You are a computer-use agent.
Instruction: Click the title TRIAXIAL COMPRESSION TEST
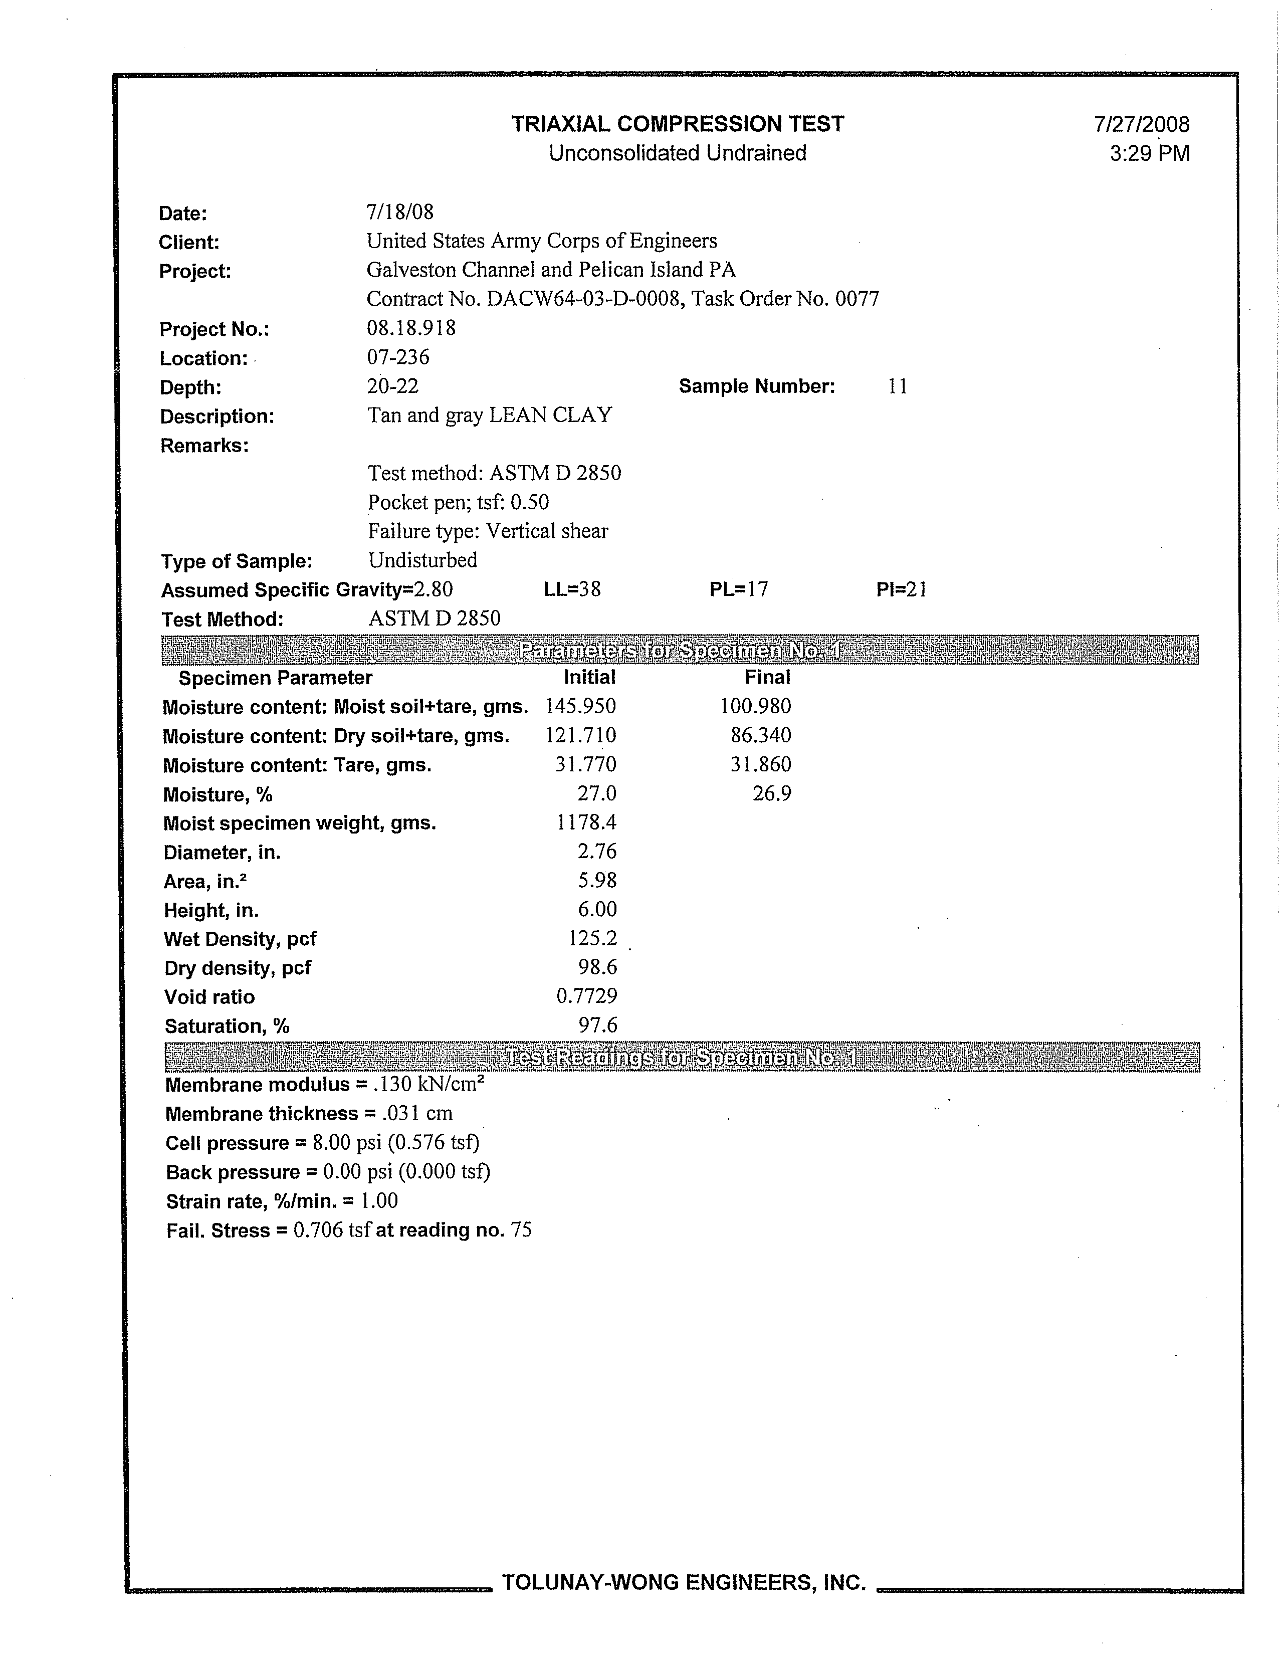(677, 124)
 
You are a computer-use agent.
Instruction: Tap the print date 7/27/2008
(1141, 125)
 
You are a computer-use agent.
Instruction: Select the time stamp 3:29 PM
(1149, 154)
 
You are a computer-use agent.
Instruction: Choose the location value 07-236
(397, 357)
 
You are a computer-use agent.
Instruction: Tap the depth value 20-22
(392, 386)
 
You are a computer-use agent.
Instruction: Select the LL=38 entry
(572, 589)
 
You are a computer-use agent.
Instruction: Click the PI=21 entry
(901, 589)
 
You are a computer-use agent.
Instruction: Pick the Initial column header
(589, 677)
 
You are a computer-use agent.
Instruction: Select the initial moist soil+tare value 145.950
(580, 707)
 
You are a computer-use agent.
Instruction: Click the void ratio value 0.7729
(586, 996)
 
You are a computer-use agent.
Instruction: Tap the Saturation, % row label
(227, 1026)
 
